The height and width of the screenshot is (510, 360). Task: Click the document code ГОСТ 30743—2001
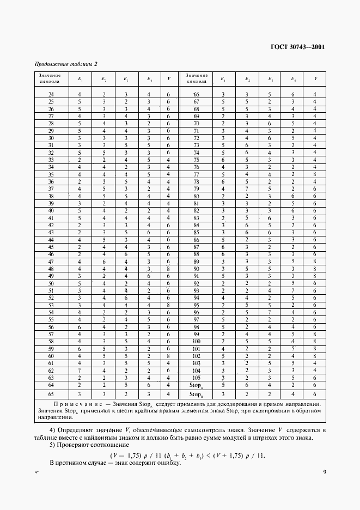(297, 47)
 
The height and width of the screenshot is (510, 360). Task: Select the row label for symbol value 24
(51, 95)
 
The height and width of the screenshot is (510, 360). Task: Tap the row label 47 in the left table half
(51, 262)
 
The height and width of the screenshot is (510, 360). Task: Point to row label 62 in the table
(51, 370)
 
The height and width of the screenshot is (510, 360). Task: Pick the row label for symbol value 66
(197, 95)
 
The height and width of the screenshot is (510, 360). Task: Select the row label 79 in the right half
(197, 189)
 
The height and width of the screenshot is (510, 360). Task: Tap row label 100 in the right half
(197, 341)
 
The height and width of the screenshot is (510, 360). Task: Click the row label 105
(197, 377)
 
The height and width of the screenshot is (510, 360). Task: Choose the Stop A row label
(197, 384)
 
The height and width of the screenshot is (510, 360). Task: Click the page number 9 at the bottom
(324, 472)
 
